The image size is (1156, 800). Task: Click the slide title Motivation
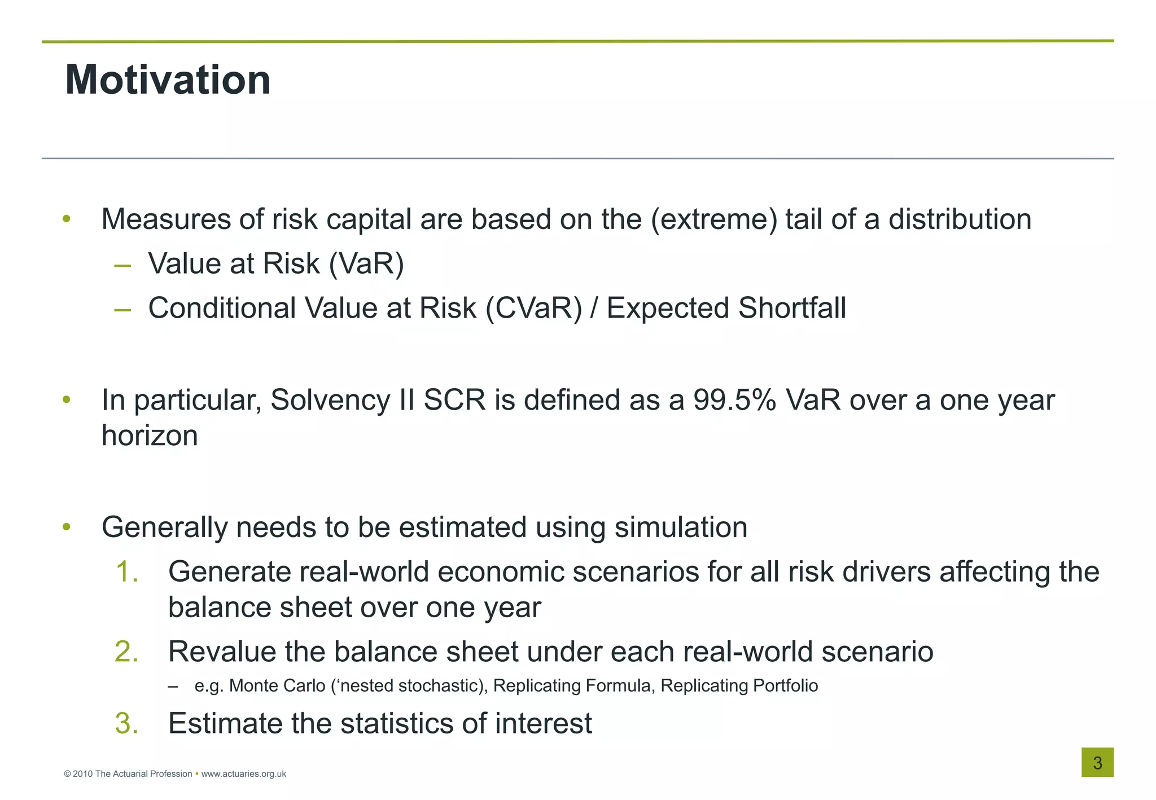(168, 80)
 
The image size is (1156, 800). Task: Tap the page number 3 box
(1097, 762)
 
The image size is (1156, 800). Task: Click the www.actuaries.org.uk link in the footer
(243, 774)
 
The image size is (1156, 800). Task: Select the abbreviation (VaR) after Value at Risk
(366, 263)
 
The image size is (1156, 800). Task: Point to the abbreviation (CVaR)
(533, 308)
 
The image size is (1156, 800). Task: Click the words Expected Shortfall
(726, 308)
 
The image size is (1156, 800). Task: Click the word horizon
(150, 436)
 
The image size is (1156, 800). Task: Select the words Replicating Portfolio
(739, 685)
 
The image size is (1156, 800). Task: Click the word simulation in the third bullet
(680, 528)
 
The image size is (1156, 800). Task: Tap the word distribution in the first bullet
(960, 219)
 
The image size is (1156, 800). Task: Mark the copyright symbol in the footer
(67, 774)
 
